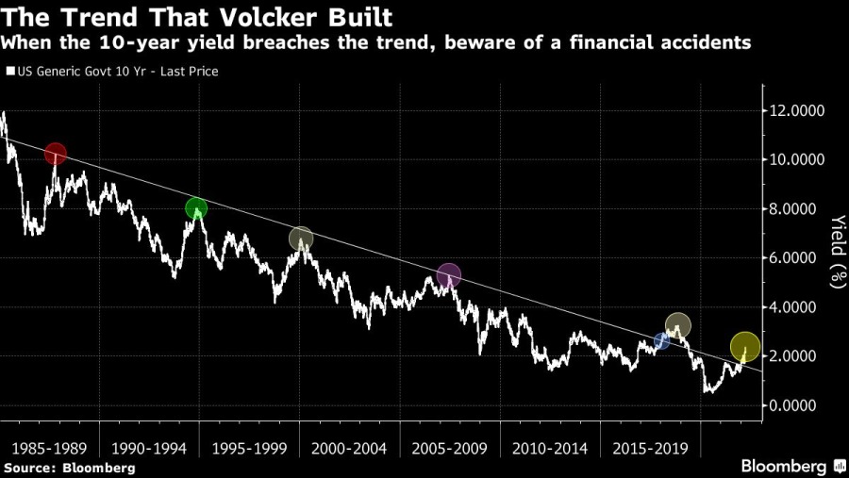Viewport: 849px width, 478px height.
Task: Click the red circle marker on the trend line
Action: pyautogui.click(x=56, y=154)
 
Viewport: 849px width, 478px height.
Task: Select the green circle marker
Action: pyautogui.click(x=196, y=209)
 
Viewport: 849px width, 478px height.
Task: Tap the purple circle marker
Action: pyautogui.click(x=449, y=275)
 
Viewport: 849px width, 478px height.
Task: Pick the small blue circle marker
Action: pyautogui.click(x=661, y=341)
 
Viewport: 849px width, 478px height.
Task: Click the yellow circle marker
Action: pyautogui.click(x=745, y=347)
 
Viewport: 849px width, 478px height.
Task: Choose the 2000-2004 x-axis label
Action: pyautogui.click(x=349, y=446)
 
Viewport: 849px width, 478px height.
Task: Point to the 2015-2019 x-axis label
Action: pyautogui.click(x=650, y=446)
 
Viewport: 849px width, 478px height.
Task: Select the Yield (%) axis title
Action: pyautogui.click(x=836, y=249)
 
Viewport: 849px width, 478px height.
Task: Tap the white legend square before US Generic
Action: pyautogui.click(x=10, y=71)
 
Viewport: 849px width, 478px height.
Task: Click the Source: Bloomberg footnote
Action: pyautogui.click(x=70, y=468)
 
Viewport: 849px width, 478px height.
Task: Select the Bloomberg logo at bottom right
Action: pyautogui.click(x=792, y=466)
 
